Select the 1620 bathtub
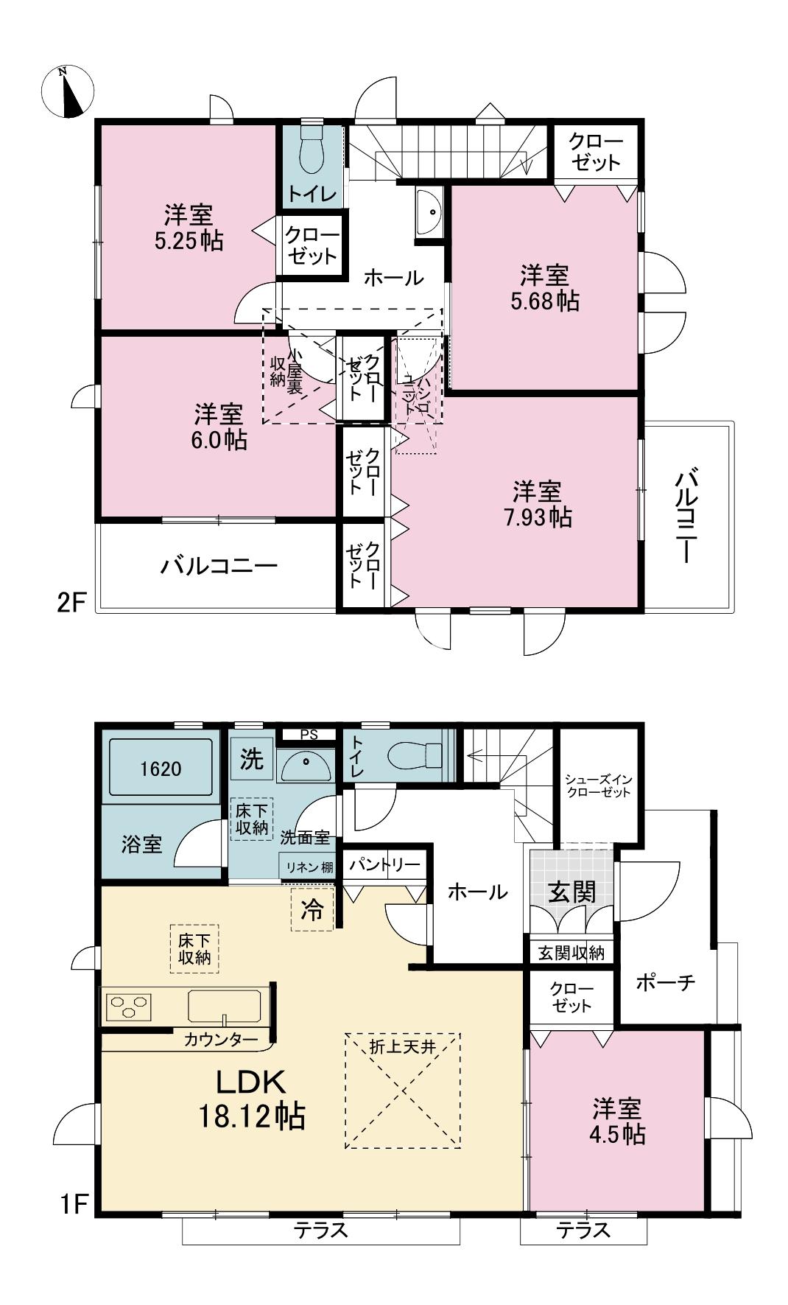tap(161, 769)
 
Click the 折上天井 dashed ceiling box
tap(402, 1091)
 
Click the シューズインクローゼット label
tap(598, 786)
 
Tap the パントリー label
tap(384, 865)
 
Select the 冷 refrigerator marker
tap(312, 910)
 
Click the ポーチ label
tap(665, 982)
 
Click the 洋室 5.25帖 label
tap(189, 228)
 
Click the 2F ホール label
tap(394, 278)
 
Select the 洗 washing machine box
tap(252, 760)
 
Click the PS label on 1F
tap(310, 735)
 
